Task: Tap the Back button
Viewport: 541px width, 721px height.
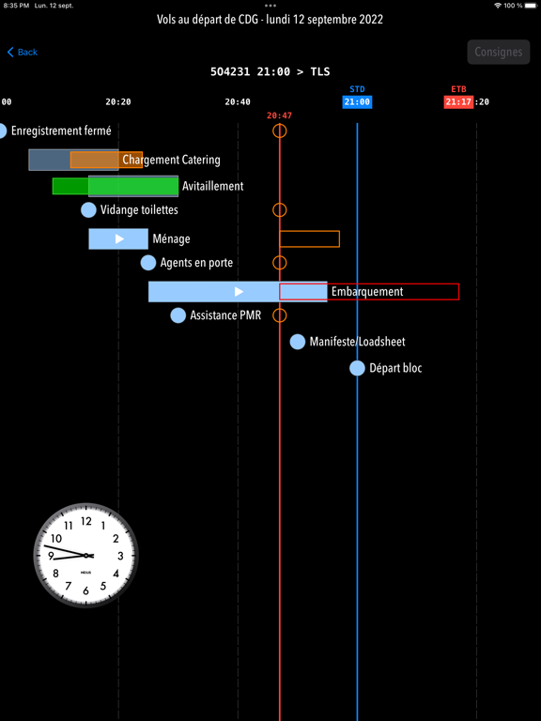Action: pyautogui.click(x=23, y=52)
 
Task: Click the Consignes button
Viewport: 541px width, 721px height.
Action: pyautogui.click(x=499, y=52)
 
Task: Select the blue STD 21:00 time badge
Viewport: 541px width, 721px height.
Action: pyautogui.click(x=357, y=101)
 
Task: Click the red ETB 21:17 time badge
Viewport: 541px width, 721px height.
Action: pyautogui.click(x=458, y=101)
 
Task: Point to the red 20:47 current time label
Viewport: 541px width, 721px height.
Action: pyautogui.click(x=279, y=115)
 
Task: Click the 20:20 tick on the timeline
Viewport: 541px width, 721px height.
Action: pyautogui.click(x=118, y=102)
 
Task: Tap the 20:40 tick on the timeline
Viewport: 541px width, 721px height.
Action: pyautogui.click(x=238, y=102)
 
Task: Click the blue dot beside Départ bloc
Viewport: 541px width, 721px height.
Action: pyautogui.click(x=357, y=368)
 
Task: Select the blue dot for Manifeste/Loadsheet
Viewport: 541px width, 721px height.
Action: pyautogui.click(x=298, y=342)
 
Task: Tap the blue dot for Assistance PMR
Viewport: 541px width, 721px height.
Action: pyautogui.click(x=178, y=315)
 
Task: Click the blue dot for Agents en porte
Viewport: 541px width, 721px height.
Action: pyautogui.click(x=148, y=263)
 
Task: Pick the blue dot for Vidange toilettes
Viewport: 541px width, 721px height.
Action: pyautogui.click(x=88, y=209)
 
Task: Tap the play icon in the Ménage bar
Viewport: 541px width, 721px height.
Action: pyautogui.click(x=119, y=238)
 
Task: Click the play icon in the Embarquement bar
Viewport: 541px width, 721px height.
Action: pyautogui.click(x=239, y=292)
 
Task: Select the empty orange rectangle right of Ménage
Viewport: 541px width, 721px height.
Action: pyautogui.click(x=280, y=239)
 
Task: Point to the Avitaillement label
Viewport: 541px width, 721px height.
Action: pyautogui.click(x=212, y=186)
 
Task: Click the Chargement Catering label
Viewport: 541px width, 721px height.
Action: pyautogui.click(x=171, y=160)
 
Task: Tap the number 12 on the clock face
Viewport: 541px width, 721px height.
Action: pyautogui.click(x=86, y=521)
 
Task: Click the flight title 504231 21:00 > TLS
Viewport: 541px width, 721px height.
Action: pyautogui.click(x=270, y=71)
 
